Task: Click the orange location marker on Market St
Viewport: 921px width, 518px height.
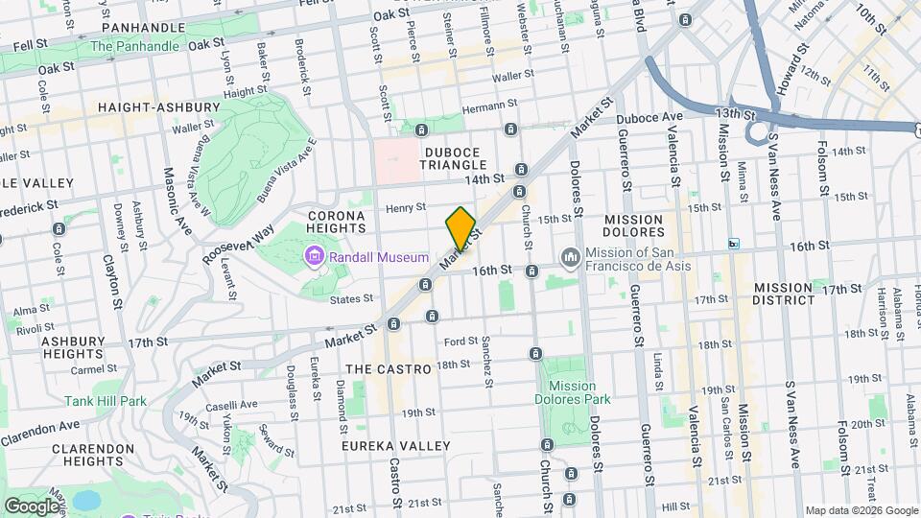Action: coord(460,227)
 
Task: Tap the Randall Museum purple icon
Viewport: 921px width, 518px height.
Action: coord(314,257)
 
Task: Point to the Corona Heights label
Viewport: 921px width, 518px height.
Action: coord(337,223)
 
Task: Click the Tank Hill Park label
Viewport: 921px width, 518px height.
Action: coord(106,402)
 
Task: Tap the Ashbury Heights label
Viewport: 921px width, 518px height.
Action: coord(72,347)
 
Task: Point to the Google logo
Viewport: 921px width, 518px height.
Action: coord(31,506)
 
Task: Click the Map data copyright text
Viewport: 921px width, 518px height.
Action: coord(860,510)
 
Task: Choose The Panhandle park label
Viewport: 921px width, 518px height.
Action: coord(134,46)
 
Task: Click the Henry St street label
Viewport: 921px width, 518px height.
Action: coord(405,207)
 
